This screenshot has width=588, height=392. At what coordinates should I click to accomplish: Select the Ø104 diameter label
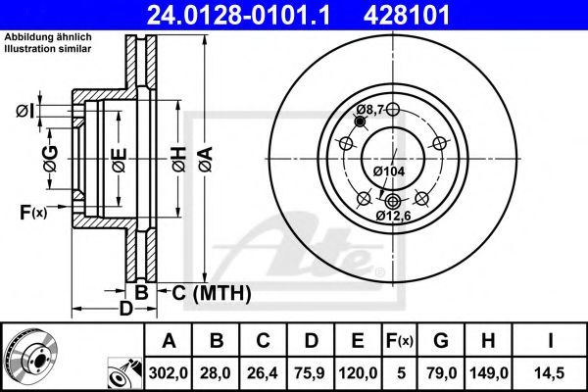click(389, 171)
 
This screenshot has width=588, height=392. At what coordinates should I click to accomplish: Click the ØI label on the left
click(26, 110)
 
